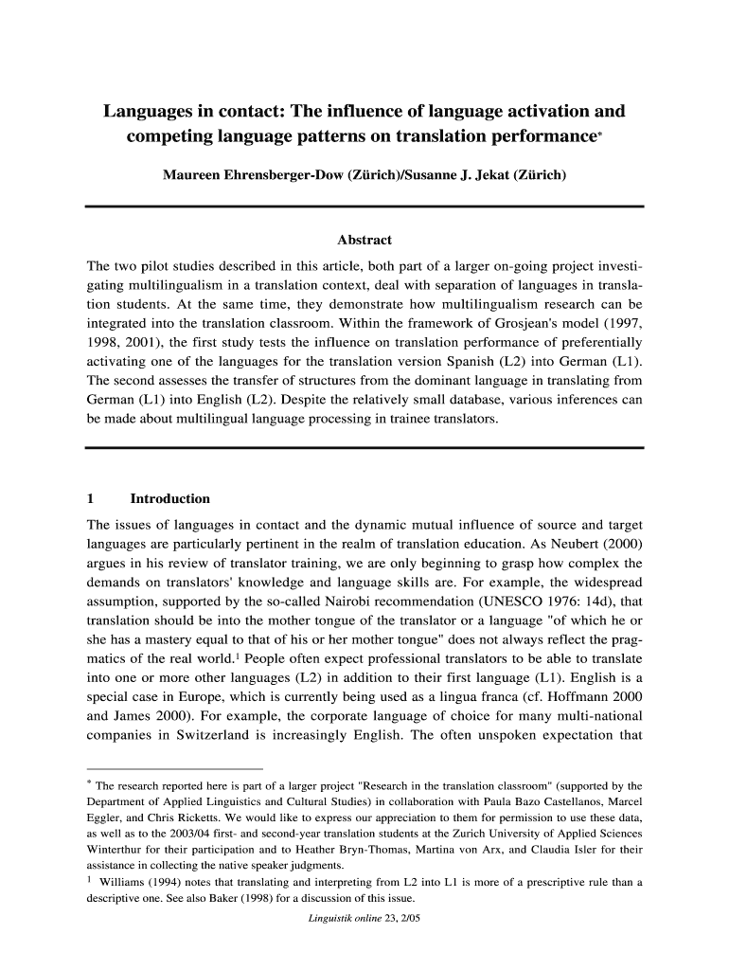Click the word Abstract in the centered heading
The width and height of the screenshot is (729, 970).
coord(364,240)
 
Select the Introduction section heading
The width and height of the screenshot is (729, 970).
coord(169,498)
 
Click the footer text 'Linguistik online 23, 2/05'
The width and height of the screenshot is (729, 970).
coord(364,920)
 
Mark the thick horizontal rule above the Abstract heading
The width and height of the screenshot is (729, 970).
coord(364,206)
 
